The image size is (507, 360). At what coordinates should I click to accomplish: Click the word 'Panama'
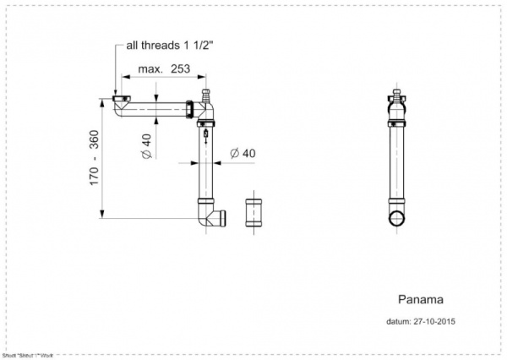point(420,299)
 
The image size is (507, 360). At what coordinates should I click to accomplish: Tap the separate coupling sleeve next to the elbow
point(254,213)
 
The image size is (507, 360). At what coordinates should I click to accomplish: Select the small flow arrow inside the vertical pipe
point(205,145)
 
